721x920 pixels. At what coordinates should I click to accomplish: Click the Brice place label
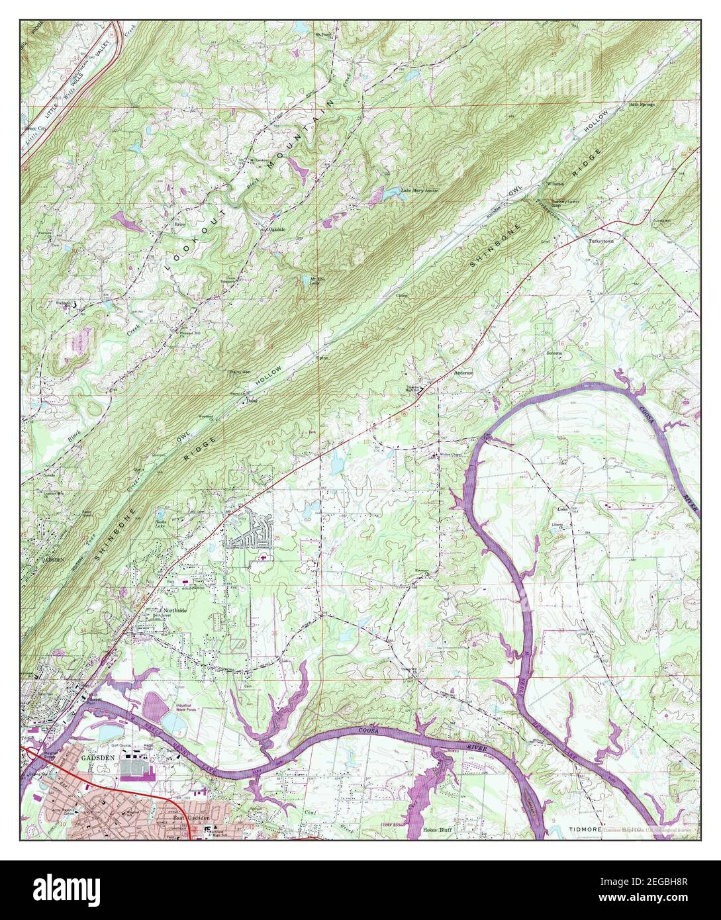pyautogui.click(x=178, y=224)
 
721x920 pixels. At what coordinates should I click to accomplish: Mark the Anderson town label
pyautogui.click(x=463, y=373)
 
